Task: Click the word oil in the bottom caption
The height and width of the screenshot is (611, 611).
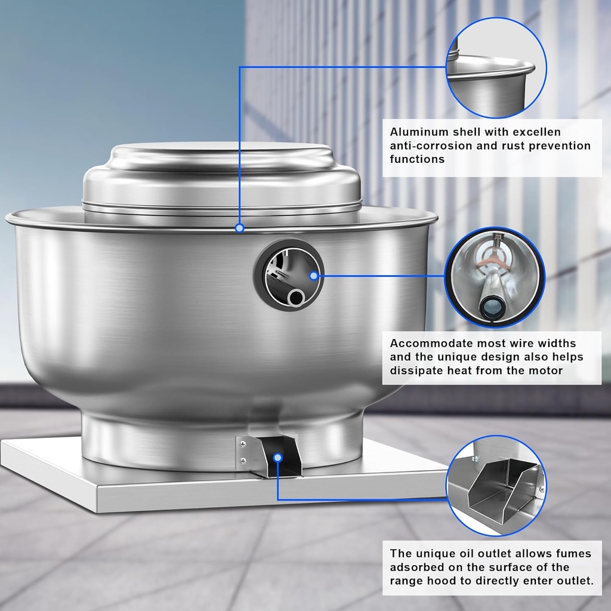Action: (x=466, y=554)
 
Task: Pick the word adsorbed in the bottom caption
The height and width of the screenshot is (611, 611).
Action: (x=416, y=567)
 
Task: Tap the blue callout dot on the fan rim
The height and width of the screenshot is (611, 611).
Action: (x=240, y=228)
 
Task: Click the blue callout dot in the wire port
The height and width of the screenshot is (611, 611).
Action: (x=314, y=276)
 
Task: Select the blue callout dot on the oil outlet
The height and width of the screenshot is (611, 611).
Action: (x=277, y=458)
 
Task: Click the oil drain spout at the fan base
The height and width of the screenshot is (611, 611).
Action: (x=276, y=456)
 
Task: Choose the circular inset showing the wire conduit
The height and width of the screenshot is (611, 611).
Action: (x=496, y=277)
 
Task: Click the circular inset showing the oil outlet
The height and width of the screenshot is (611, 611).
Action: (x=496, y=485)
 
